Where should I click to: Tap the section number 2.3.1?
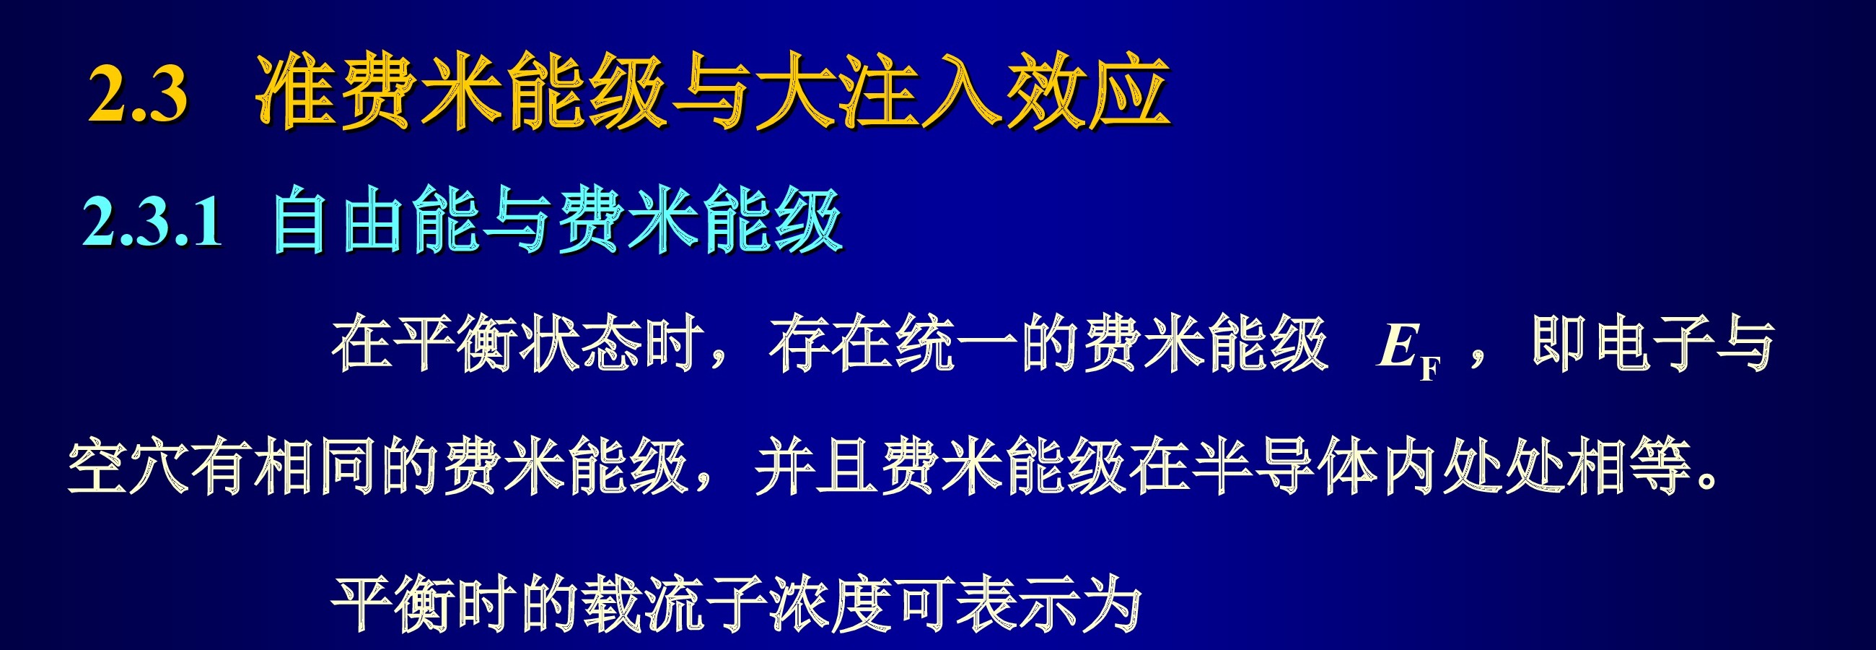click(x=152, y=222)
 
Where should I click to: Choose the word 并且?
click(x=817, y=467)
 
